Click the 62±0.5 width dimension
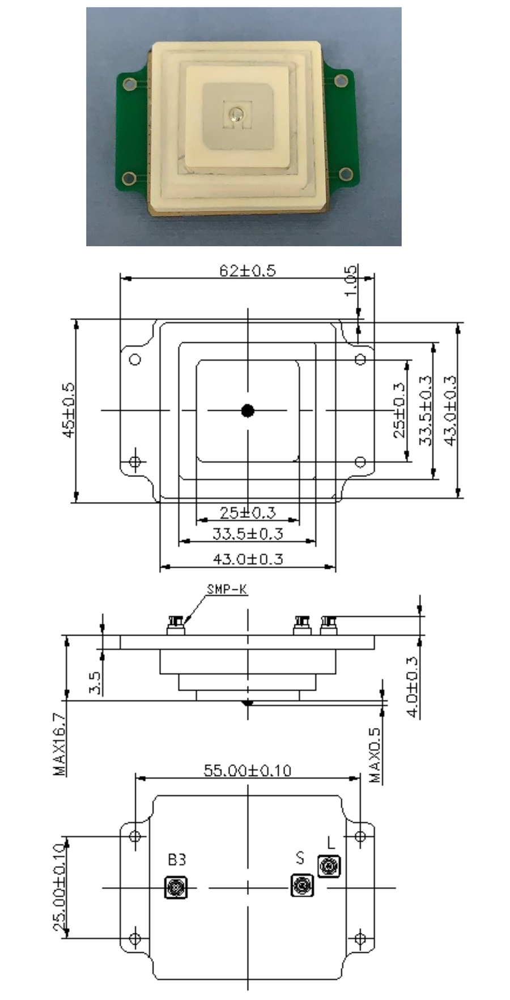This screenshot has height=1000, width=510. pyautogui.click(x=248, y=270)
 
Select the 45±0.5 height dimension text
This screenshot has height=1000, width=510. pyautogui.click(x=69, y=409)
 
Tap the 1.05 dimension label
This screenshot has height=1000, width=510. pyautogui.click(x=351, y=280)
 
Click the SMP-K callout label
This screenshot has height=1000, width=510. pyautogui.click(x=227, y=589)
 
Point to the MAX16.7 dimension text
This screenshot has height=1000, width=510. pyautogui.click(x=59, y=743)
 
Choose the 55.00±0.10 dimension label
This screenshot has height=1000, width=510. pyautogui.click(x=247, y=771)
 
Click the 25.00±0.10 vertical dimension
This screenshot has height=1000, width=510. pyautogui.click(x=59, y=887)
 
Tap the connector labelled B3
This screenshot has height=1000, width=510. pyautogui.click(x=176, y=887)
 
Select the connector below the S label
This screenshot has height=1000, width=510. pyautogui.click(x=302, y=884)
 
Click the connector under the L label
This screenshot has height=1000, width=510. pyautogui.click(x=329, y=866)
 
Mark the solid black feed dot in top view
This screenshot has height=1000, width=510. pyautogui.click(x=248, y=411)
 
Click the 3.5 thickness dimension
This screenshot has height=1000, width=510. pyautogui.click(x=95, y=683)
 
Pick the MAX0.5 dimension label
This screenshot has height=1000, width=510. pyautogui.click(x=375, y=755)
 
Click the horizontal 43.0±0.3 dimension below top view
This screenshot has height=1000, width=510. pyautogui.click(x=248, y=559)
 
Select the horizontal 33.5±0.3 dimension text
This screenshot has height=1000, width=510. pyautogui.click(x=248, y=534)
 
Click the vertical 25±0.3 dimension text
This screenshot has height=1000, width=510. pyautogui.click(x=399, y=410)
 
